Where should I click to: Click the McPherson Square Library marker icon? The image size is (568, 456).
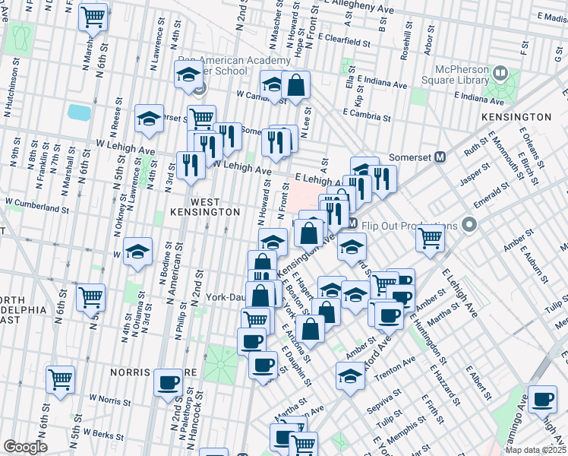tap(500, 74)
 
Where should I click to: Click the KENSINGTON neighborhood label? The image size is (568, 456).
tap(516, 117)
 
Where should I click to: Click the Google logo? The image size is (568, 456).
tap(25, 447)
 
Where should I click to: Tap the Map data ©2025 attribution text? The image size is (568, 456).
tap(535, 450)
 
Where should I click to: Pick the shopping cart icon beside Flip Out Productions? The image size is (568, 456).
tap(431, 238)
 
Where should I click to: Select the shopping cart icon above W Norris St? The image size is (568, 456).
tap(60, 379)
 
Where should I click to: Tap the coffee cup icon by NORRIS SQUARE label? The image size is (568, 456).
tap(169, 383)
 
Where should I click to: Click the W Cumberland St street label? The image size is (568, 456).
tap(37, 203)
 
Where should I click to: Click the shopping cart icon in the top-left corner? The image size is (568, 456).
tap(93, 17)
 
